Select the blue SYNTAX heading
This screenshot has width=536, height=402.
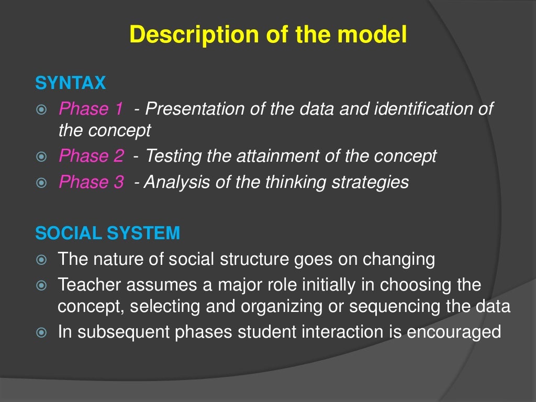70,83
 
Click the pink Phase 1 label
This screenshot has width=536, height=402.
91,109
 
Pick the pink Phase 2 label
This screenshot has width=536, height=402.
91,155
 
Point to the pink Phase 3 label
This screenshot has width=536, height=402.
91,182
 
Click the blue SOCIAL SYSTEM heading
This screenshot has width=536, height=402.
107,233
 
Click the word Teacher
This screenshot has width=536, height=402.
90,285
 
